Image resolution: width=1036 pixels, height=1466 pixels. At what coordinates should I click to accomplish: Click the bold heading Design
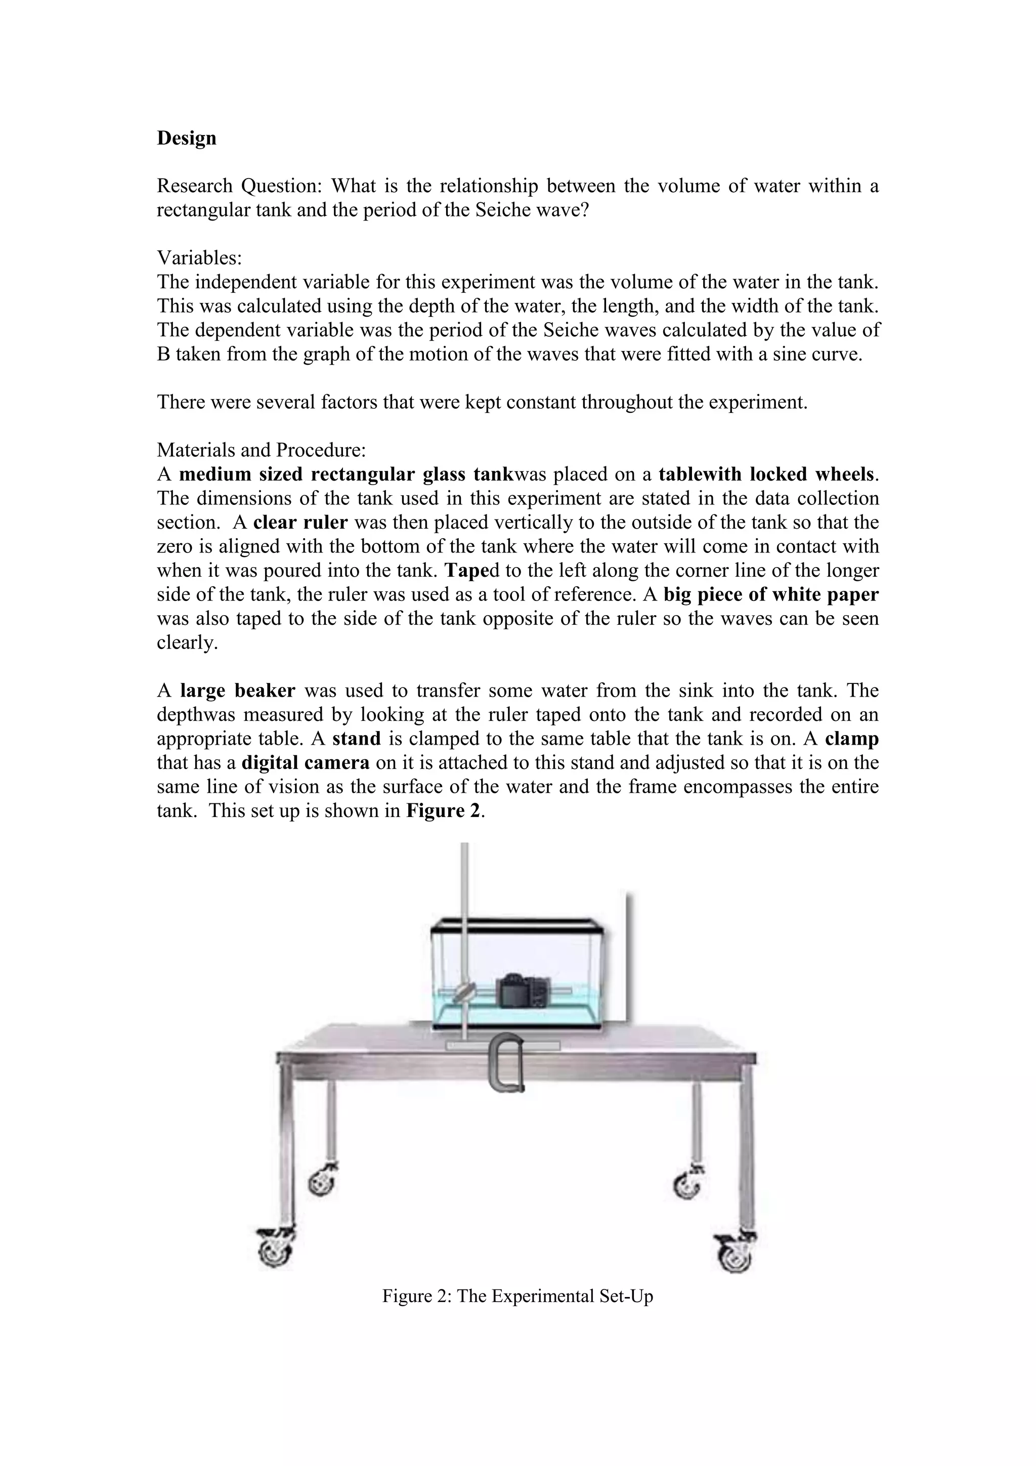(x=186, y=138)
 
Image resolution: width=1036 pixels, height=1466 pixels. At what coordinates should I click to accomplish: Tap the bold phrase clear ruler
(x=300, y=522)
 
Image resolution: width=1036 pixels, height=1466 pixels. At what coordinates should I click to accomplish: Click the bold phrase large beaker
(x=237, y=691)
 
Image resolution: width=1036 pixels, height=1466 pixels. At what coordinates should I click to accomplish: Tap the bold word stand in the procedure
(x=356, y=739)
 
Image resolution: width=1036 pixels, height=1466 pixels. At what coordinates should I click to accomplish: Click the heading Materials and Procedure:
(x=261, y=450)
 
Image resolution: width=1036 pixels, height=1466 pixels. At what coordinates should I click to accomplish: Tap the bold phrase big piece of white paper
(x=770, y=594)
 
